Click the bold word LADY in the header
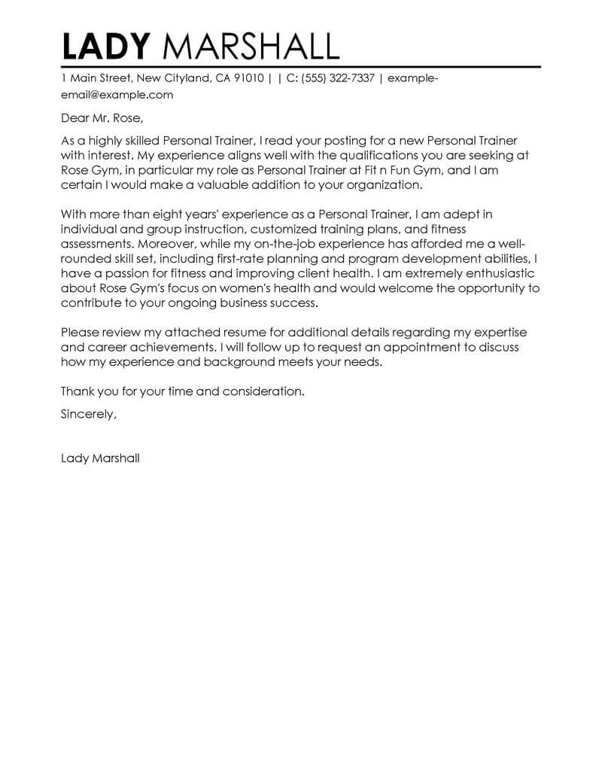[107, 47]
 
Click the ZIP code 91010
[248, 78]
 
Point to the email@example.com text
[117, 95]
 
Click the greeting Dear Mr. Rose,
[102, 118]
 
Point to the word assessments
[96, 244]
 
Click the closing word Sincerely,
[89, 413]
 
